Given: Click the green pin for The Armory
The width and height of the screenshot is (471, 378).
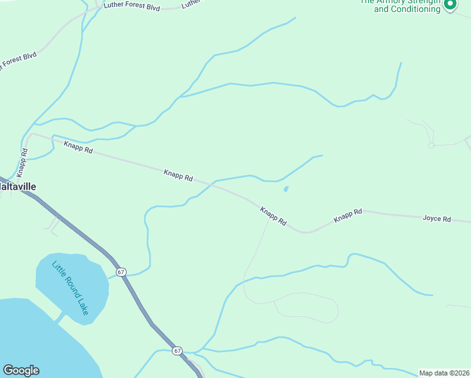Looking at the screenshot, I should (x=450, y=5).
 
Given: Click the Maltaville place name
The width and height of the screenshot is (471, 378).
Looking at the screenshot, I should (x=18, y=186).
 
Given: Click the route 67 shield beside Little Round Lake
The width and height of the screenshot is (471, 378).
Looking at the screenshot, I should (x=121, y=272).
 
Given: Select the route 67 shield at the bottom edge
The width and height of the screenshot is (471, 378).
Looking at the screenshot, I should (x=178, y=350).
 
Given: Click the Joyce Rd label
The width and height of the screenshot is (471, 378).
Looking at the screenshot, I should (x=436, y=219).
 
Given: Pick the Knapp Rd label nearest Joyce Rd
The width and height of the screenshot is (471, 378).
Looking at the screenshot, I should (x=348, y=215).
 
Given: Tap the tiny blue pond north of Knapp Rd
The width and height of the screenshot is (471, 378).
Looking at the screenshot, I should (x=287, y=188).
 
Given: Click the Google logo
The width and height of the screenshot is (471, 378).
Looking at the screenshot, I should (x=21, y=370).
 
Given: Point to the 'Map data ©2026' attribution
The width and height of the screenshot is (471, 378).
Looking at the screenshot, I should (x=444, y=372).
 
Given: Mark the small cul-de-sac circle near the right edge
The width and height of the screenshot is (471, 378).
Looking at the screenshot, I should (x=431, y=146).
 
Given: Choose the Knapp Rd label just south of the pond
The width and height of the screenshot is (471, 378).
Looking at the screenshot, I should (x=273, y=215).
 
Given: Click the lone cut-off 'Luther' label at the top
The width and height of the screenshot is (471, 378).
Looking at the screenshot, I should (x=191, y=4).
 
